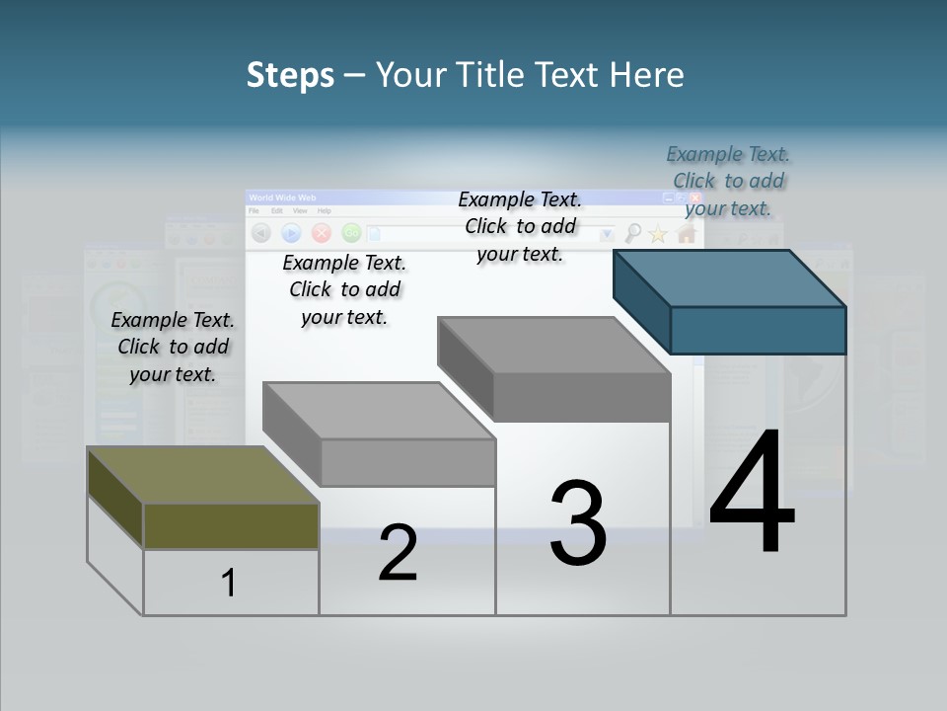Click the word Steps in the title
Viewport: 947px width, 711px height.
point(290,75)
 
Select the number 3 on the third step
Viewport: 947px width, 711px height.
point(578,523)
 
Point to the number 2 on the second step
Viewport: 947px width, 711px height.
point(398,553)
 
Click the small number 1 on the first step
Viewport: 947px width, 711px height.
point(229,583)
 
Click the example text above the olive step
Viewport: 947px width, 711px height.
point(173,347)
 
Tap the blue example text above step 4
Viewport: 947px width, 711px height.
point(728,181)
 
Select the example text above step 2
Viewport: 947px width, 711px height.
point(344,289)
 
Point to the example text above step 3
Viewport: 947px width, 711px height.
point(520,226)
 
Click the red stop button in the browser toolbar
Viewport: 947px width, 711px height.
point(321,233)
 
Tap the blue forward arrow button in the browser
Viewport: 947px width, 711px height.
point(291,233)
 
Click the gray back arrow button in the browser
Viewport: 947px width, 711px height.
point(261,233)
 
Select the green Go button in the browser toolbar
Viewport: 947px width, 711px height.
point(350,233)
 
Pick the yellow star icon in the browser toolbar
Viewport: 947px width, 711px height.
point(658,234)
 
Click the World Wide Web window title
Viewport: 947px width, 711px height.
point(283,198)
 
